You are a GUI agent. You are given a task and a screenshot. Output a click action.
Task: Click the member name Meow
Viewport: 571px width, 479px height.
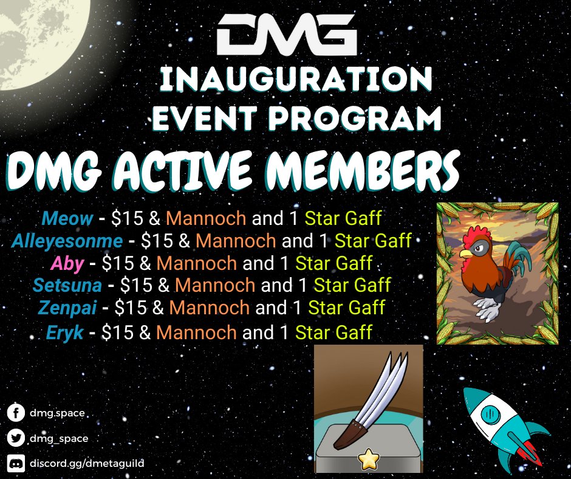(x=67, y=218)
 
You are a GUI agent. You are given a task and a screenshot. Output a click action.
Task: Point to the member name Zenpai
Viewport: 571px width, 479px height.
(x=67, y=308)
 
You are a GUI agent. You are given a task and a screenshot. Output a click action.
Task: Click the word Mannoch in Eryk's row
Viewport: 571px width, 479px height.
(x=196, y=333)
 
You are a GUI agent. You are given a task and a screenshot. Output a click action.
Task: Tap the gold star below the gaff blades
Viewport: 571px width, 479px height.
(x=368, y=460)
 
